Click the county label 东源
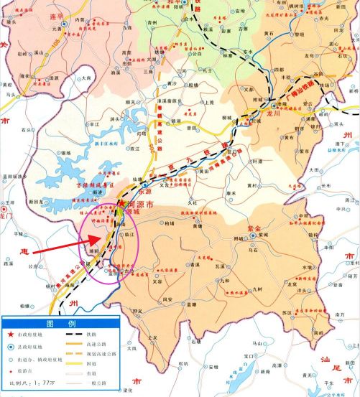(143, 191)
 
